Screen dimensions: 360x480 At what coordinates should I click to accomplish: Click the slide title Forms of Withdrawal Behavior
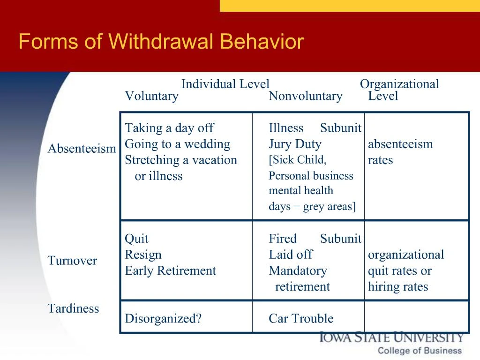[x=161, y=42]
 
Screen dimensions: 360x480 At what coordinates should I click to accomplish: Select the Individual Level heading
[x=225, y=84]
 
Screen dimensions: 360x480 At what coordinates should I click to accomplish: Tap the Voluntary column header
[x=151, y=96]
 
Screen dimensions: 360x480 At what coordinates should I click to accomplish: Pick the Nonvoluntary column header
[x=305, y=96]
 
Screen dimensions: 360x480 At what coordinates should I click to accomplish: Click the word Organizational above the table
[x=399, y=84]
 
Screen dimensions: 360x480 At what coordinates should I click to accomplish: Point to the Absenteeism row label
[x=82, y=149]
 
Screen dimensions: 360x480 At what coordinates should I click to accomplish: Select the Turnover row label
[x=72, y=261]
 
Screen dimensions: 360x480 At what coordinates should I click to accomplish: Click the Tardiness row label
[x=73, y=308]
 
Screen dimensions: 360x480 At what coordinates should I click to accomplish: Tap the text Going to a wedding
[x=177, y=144]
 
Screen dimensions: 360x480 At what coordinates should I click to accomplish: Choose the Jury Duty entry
[x=295, y=144]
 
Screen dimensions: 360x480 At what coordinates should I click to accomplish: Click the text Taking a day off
[x=169, y=128]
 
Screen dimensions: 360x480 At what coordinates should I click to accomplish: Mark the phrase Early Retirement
[x=170, y=270]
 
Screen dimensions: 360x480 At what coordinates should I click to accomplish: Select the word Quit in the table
[x=136, y=239]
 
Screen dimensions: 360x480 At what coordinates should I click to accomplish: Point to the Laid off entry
[x=290, y=255]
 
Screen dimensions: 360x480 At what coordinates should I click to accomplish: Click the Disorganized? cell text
[x=163, y=319]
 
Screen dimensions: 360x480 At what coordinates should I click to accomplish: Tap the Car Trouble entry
[x=301, y=319]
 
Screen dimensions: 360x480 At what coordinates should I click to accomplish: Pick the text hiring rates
[x=397, y=286]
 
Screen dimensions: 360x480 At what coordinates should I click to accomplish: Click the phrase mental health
[x=300, y=191]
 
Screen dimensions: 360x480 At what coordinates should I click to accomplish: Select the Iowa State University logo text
[x=391, y=337]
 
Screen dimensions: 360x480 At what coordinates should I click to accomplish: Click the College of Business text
[x=420, y=351]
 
